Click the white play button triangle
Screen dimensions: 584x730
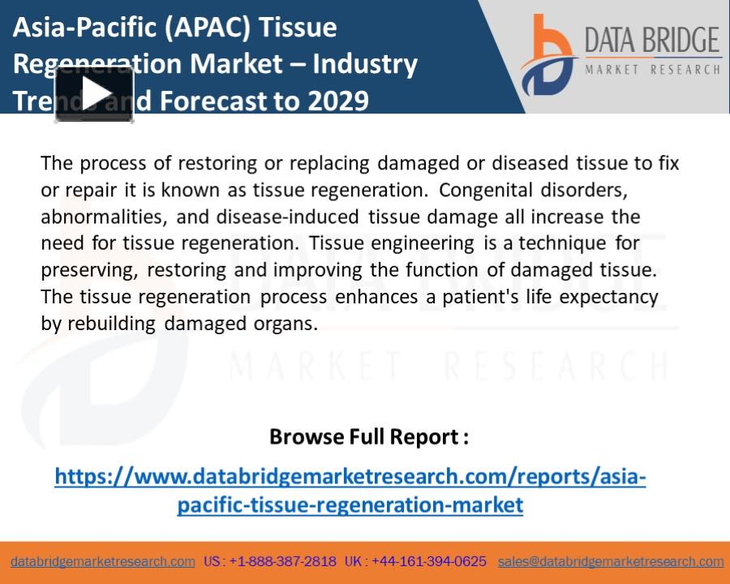[95, 94]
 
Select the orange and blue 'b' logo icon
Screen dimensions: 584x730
[548, 55]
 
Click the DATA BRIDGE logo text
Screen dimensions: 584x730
[652, 41]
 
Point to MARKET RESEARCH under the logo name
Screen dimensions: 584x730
[652, 70]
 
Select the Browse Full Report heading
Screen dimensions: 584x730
[368, 436]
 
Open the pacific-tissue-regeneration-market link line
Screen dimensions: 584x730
[350, 505]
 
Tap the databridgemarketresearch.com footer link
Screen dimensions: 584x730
[103, 561]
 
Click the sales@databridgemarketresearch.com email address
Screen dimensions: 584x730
[611, 561]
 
